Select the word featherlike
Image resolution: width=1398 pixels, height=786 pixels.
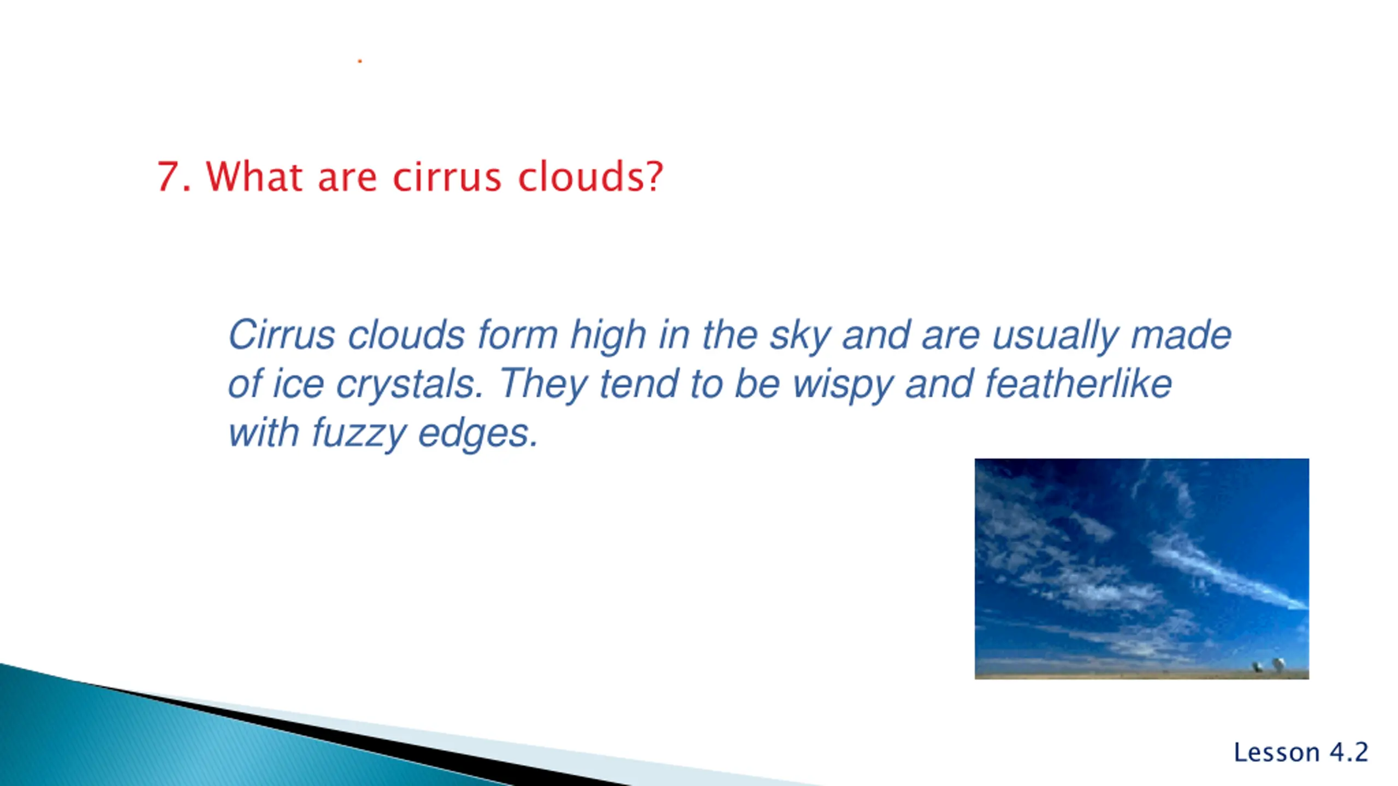point(1079,384)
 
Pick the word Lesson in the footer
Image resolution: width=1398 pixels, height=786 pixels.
point(1277,752)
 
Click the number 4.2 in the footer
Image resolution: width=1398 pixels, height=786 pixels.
point(1349,752)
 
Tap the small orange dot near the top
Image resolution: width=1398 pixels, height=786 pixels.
point(360,61)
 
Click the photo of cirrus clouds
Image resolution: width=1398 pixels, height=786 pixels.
point(1142,569)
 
